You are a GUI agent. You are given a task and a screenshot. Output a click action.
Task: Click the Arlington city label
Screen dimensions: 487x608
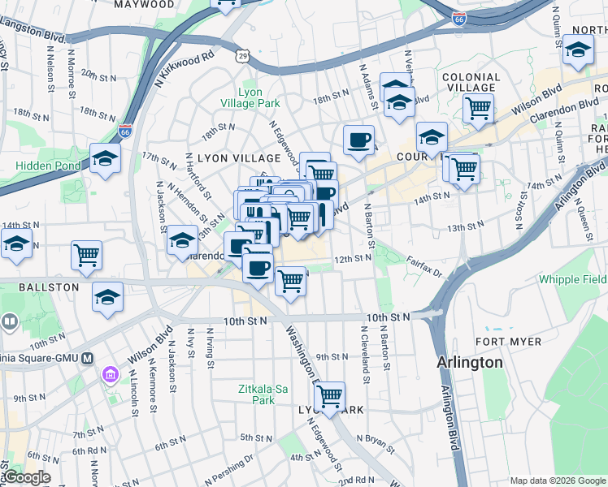pos(470,362)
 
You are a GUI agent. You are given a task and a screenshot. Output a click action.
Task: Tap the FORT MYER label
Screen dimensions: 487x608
pos(510,341)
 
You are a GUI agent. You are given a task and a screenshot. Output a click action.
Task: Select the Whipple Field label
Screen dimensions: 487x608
pos(572,280)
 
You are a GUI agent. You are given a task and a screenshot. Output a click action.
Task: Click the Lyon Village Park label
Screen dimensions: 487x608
pos(250,97)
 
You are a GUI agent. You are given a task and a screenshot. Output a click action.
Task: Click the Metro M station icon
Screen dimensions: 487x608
pos(86,358)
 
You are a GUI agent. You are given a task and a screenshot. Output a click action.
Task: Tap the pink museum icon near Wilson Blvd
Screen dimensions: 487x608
pos(110,376)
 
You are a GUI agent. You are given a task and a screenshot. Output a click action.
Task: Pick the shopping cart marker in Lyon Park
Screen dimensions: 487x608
pos(329,397)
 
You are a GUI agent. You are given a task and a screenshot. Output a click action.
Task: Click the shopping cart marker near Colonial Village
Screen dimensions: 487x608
pos(478,106)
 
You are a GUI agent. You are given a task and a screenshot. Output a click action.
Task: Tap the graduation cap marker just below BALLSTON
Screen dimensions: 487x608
pos(106,297)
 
